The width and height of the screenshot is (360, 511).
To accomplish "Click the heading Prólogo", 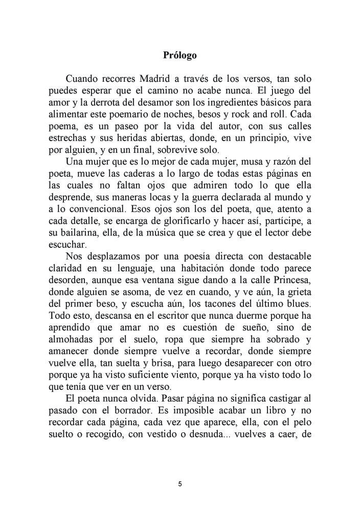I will pyautogui.click(x=179, y=55).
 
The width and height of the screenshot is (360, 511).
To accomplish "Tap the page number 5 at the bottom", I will pyautogui.click(x=180, y=484).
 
